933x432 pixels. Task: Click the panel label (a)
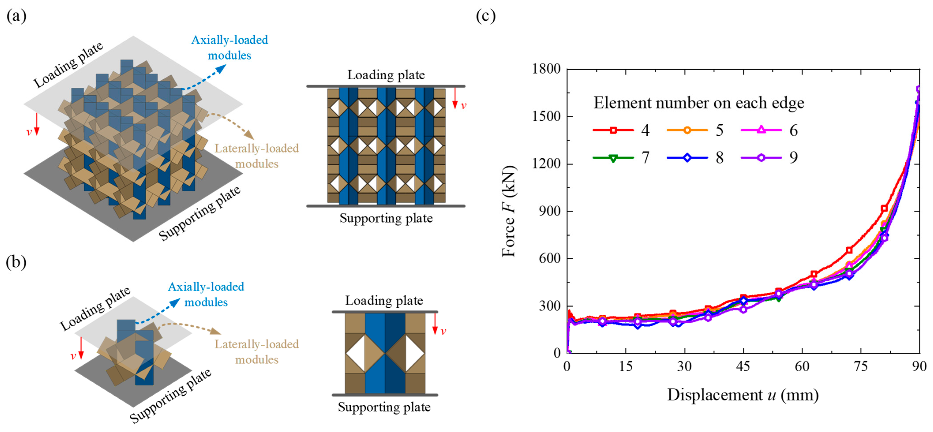click(x=16, y=16)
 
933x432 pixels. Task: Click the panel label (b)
click(x=16, y=262)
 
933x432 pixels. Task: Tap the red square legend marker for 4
click(x=613, y=130)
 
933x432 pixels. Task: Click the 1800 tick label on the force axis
click(x=546, y=69)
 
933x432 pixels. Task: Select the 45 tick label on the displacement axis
click(x=743, y=367)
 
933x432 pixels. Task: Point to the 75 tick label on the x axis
click(x=861, y=367)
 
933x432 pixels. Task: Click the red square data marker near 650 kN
click(x=849, y=250)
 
